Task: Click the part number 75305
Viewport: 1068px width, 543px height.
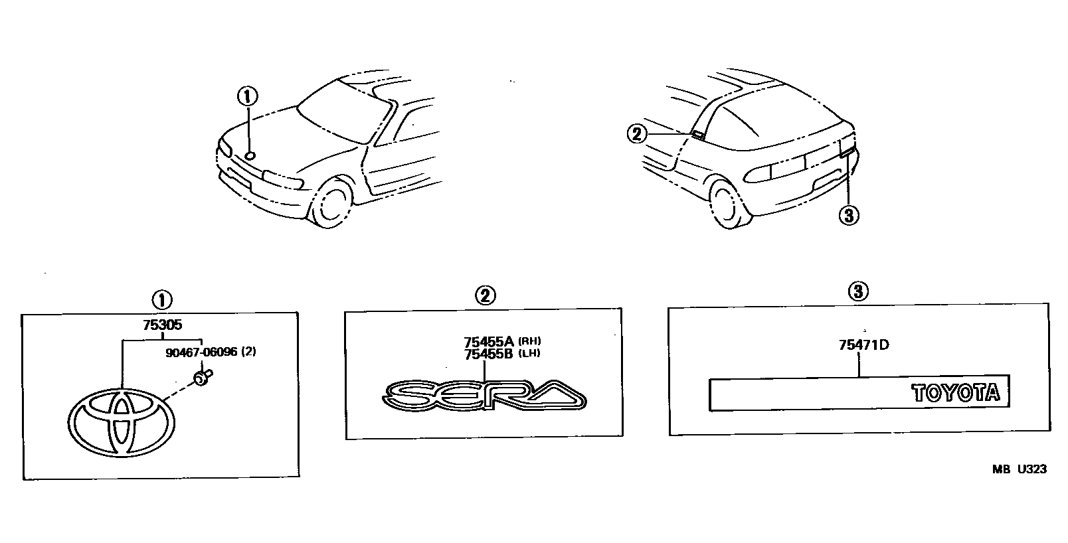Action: coord(161,326)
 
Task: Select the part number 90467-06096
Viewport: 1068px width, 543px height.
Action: coord(201,352)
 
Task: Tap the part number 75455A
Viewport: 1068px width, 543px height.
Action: coord(489,343)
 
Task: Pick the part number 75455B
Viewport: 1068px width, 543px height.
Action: coord(489,353)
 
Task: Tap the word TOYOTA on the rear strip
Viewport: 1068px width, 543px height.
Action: coord(956,394)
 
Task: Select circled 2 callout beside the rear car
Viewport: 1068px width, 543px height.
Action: coord(636,135)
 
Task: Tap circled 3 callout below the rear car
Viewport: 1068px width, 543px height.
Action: coord(849,216)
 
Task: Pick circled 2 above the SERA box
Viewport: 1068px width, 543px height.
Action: coord(485,295)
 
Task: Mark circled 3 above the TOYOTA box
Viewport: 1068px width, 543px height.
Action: coord(858,291)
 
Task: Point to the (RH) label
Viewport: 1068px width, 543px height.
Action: coord(530,342)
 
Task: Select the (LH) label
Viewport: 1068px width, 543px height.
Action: coord(529,353)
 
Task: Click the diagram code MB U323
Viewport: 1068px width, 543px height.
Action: coord(1020,469)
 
